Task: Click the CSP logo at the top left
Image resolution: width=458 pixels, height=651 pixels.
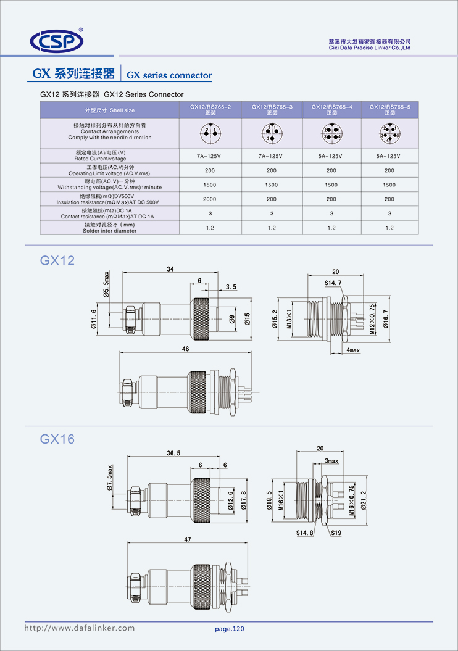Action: [57, 41]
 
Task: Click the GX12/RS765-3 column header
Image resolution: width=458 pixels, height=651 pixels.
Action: [272, 110]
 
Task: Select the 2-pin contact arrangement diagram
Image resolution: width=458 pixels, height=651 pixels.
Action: [210, 133]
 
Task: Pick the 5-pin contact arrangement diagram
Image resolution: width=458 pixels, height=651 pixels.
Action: [389, 133]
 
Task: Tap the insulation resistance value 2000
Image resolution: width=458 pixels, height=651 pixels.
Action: [210, 199]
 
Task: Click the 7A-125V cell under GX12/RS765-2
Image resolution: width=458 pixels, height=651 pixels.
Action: [210, 156]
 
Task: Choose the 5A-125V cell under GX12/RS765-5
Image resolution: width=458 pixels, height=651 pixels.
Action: [389, 156]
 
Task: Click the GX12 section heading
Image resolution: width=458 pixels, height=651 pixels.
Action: [57, 261]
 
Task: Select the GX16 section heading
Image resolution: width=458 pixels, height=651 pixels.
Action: [57, 439]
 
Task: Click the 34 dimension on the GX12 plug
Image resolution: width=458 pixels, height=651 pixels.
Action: [170, 269]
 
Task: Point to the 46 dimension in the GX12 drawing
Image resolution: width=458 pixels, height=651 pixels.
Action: [185, 349]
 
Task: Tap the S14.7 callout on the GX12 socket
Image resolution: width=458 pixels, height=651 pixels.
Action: [333, 283]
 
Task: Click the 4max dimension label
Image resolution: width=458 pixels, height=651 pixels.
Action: [353, 350]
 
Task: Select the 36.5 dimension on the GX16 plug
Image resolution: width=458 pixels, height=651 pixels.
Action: [173, 453]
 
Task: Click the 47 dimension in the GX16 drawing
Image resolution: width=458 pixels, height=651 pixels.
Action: [188, 539]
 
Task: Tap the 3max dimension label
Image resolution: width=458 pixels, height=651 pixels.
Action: [331, 461]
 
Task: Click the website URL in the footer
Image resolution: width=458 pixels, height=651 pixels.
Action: [79, 628]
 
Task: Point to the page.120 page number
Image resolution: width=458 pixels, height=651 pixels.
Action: [230, 629]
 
